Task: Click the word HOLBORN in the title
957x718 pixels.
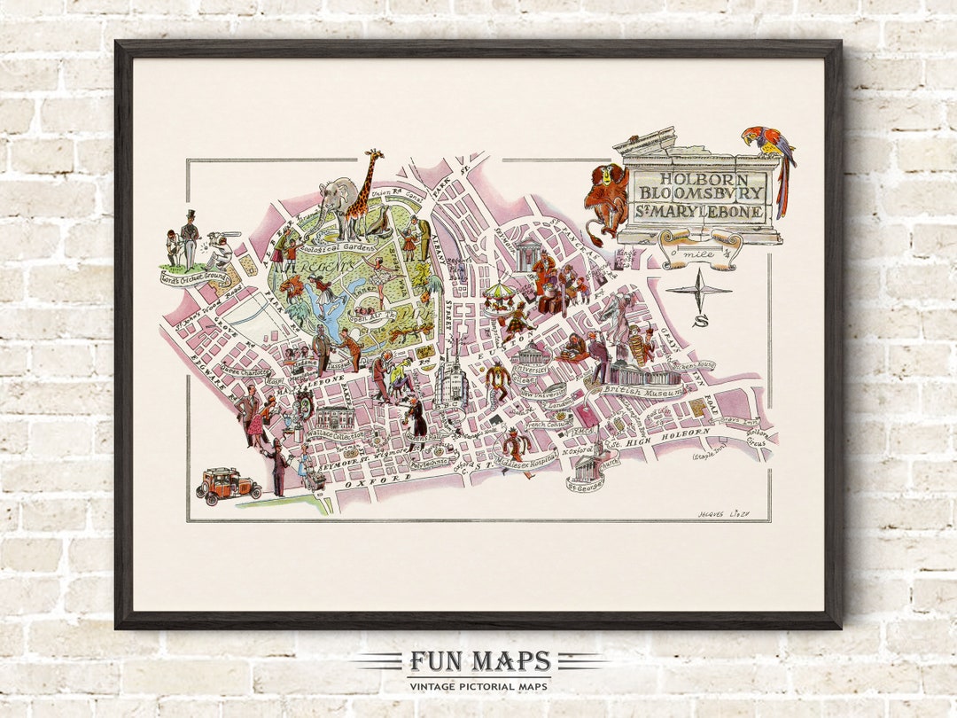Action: (697, 177)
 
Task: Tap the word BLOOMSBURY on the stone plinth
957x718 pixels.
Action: (697, 194)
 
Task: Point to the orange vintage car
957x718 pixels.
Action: (228, 485)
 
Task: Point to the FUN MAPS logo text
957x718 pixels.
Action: (478, 661)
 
